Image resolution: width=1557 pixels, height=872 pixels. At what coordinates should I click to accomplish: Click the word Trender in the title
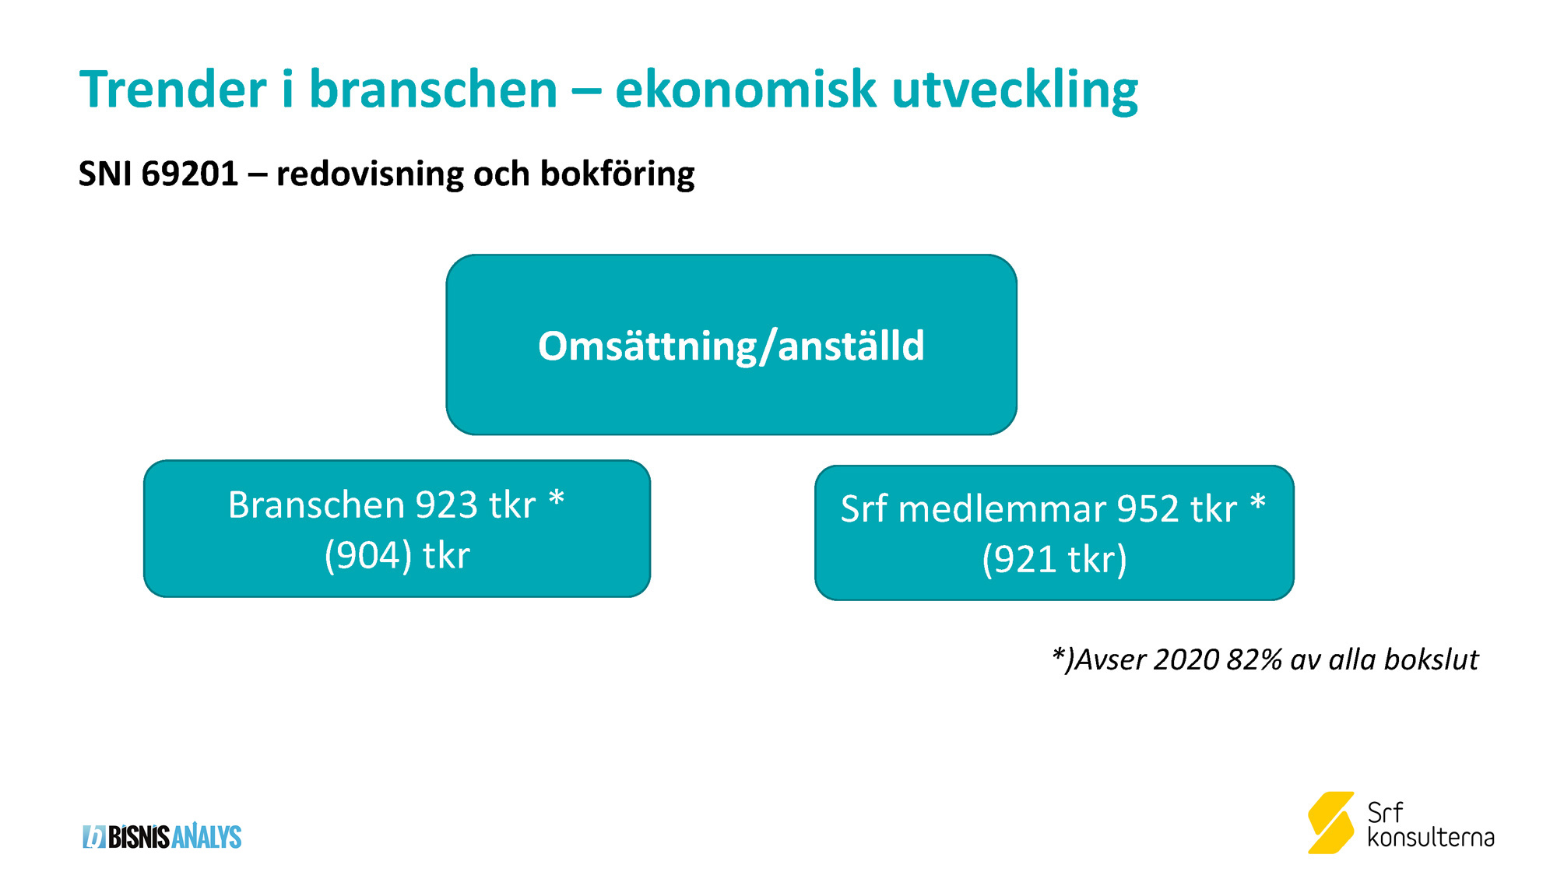pyautogui.click(x=173, y=89)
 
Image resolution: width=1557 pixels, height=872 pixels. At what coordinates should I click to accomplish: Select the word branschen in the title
pyautogui.click(x=434, y=89)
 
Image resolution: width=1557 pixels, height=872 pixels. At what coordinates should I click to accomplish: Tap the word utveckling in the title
pyautogui.click(x=1015, y=90)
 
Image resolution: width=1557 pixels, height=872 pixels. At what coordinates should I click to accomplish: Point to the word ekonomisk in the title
pyautogui.click(x=746, y=89)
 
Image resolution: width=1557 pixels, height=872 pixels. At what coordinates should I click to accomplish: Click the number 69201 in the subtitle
pyautogui.click(x=190, y=174)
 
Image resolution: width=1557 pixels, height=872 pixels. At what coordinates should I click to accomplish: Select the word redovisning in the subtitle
pyautogui.click(x=370, y=174)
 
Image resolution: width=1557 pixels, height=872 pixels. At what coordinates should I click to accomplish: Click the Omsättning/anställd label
pyautogui.click(x=731, y=346)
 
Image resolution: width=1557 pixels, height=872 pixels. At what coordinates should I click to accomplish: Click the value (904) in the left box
pyautogui.click(x=368, y=556)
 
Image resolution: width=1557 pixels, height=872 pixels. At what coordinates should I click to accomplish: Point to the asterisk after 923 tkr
pyautogui.click(x=556, y=498)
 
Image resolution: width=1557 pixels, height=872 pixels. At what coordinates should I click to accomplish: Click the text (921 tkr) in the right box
pyautogui.click(x=1054, y=560)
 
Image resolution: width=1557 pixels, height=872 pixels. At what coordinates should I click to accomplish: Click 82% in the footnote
pyautogui.click(x=1254, y=659)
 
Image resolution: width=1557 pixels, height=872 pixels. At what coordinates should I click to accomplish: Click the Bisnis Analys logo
pyautogui.click(x=162, y=837)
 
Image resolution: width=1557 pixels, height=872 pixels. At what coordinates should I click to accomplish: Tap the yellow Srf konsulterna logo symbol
pyautogui.click(x=1330, y=822)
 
